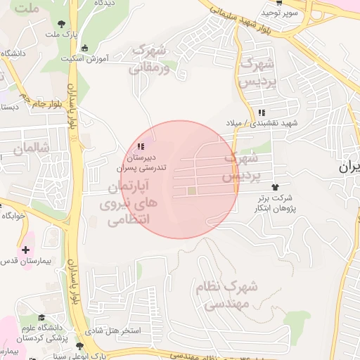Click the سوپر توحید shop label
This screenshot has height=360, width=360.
[x=281, y=12]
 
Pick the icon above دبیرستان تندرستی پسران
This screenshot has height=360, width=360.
[x=141, y=146]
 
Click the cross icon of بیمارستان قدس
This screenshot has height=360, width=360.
[x=26, y=250]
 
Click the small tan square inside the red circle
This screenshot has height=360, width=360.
[x=192, y=191]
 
